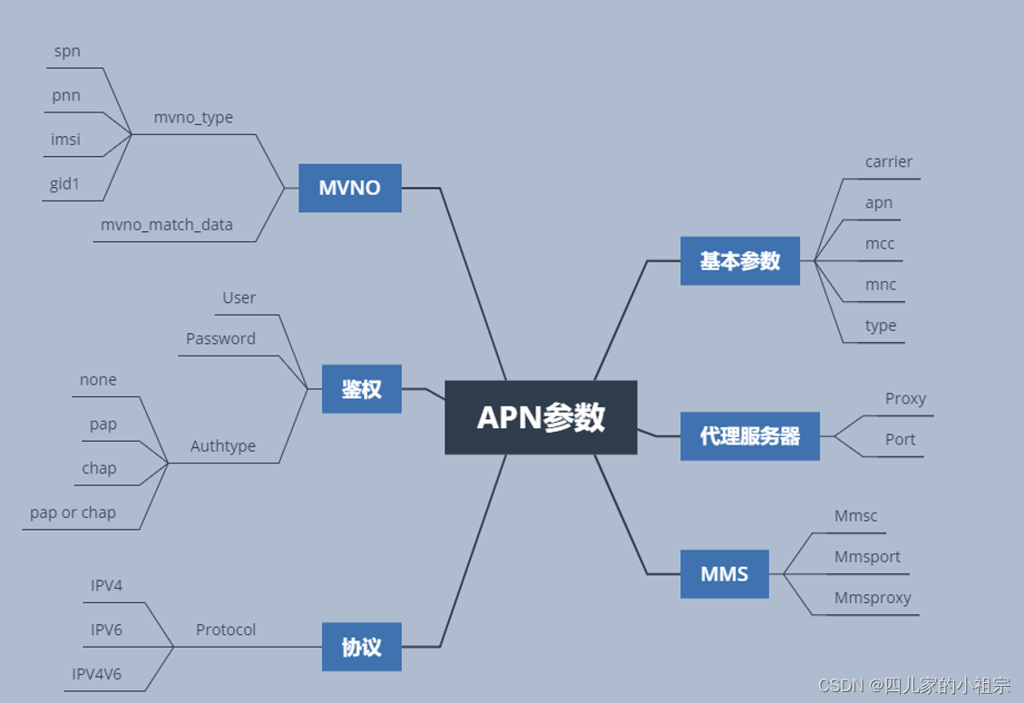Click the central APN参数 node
pyautogui.click(x=541, y=417)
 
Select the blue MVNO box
pyautogui.click(x=349, y=188)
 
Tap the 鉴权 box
pyautogui.click(x=361, y=389)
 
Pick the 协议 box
pyautogui.click(x=361, y=647)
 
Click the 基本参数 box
pyautogui.click(x=739, y=261)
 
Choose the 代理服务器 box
pyautogui.click(x=749, y=435)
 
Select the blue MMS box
pyautogui.click(x=724, y=574)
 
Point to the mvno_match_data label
pyautogui.click(x=167, y=225)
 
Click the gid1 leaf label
pyautogui.click(x=65, y=184)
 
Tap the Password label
pyautogui.click(x=220, y=339)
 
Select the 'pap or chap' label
pyautogui.click(x=73, y=513)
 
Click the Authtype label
pyautogui.click(x=223, y=446)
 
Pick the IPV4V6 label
pyautogui.click(x=97, y=674)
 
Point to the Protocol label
pyautogui.click(x=226, y=630)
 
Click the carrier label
pyautogui.click(x=889, y=162)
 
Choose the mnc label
pyautogui.click(x=881, y=285)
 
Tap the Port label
pyautogui.click(x=900, y=440)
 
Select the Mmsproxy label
pyautogui.click(x=873, y=599)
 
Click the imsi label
pyautogui.click(x=65, y=140)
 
